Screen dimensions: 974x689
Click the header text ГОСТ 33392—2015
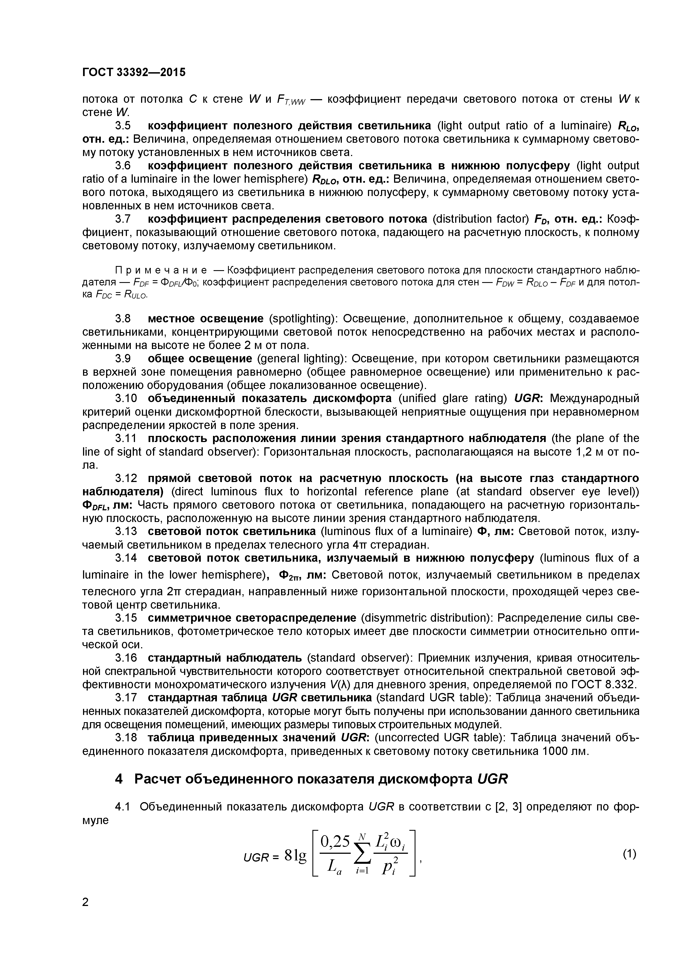pos(134,72)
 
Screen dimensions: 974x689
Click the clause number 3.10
pos(126,398)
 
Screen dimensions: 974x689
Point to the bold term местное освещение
pos(206,318)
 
